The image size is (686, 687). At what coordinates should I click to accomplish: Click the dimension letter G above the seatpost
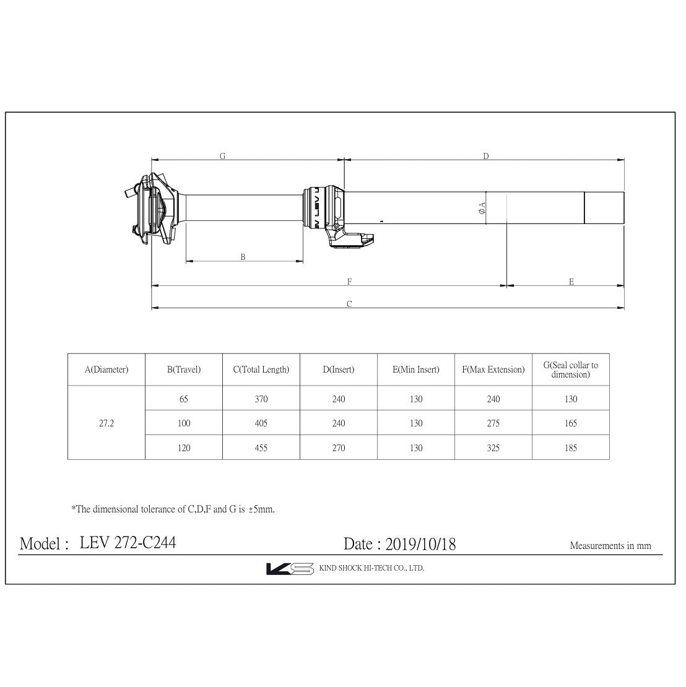point(222,157)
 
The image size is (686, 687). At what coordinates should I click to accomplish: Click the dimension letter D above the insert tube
point(486,157)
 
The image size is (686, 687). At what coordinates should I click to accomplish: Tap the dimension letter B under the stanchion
point(243,257)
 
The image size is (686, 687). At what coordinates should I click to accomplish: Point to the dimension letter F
point(350,282)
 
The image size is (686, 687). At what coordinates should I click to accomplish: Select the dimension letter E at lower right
point(571,282)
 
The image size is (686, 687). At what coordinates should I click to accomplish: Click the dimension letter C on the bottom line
point(349,304)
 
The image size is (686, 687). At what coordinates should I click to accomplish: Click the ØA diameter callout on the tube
point(482,209)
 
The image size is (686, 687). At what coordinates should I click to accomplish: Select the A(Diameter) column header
point(106,369)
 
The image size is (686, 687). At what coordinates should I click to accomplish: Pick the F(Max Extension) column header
point(493,369)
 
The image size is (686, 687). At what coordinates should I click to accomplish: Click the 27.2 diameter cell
point(106,423)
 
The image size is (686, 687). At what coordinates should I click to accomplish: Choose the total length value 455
point(261,447)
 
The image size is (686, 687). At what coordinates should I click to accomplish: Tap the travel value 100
point(184,423)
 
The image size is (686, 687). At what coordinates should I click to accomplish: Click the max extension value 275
point(493,423)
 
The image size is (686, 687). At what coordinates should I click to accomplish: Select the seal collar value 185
point(571,447)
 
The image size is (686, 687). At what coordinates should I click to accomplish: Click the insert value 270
point(339,447)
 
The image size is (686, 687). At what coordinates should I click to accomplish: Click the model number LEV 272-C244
point(128,543)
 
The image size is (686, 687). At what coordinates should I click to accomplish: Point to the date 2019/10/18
point(420,544)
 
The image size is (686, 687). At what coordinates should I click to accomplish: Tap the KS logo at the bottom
point(290,568)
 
